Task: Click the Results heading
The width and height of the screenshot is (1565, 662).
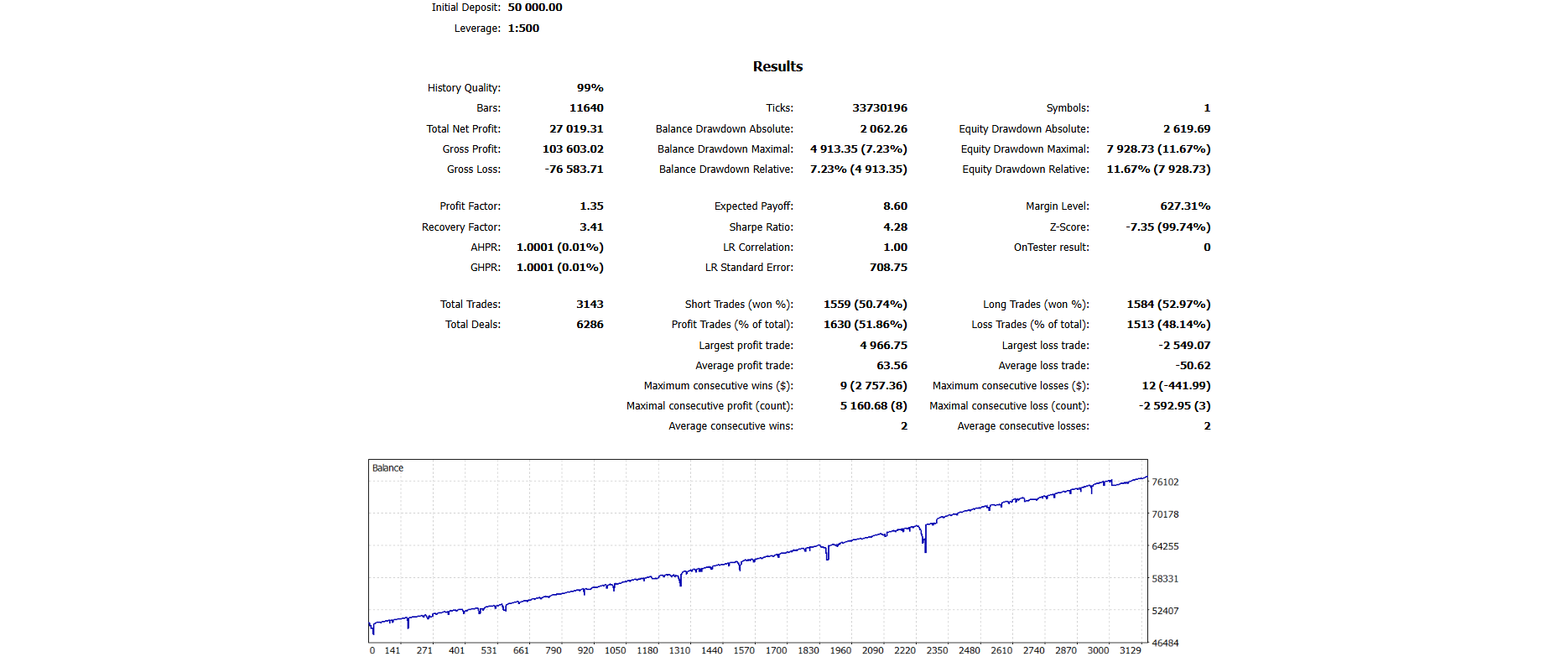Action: (x=777, y=66)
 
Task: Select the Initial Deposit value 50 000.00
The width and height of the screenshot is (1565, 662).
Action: (x=535, y=8)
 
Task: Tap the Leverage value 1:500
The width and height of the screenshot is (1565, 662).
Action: (x=523, y=29)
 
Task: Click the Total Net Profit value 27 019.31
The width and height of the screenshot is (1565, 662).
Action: (x=576, y=129)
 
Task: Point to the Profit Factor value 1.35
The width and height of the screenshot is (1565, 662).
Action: (x=591, y=206)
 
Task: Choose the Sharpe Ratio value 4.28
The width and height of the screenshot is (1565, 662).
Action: (x=895, y=227)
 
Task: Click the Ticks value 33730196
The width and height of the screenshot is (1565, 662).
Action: (x=880, y=108)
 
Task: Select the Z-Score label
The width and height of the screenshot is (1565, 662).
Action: (x=1069, y=227)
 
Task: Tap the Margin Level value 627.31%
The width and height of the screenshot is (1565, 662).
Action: (x=1185, y=206)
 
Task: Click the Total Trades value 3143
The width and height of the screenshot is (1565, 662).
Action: (x=590, y=305)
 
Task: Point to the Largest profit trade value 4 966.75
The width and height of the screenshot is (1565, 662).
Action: (x=883, y=346)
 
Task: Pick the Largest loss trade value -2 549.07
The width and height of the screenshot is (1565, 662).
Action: (x=1184, y=346)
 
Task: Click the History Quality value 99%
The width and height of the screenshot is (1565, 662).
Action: (x=590, y=88)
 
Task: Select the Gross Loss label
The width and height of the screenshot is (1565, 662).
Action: (x=473, y=169)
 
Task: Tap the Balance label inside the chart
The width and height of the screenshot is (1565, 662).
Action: (x=387, y=468)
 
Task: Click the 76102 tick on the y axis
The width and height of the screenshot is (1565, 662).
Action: (x=1165, y=482)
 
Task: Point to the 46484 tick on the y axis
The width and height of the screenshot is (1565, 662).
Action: (x=1165, y=644)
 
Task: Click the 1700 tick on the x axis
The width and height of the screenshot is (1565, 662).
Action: (x=776, y=650)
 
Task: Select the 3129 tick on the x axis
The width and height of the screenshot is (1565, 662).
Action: (x=1130, y=650)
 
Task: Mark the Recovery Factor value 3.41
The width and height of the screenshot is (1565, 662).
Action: (x=591, y=227)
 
